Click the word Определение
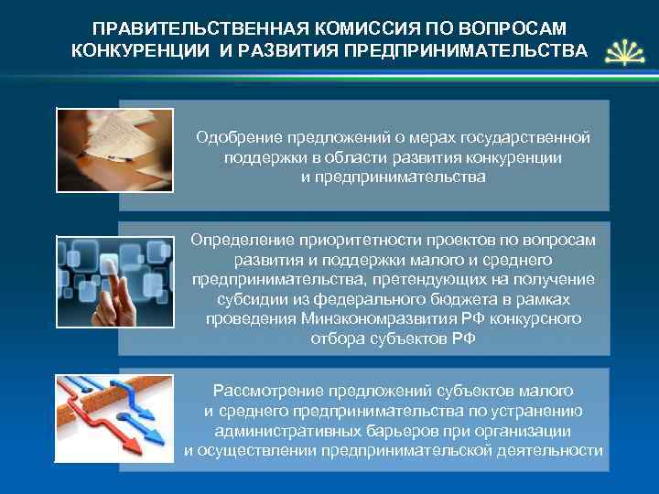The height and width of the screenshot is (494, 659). tap(242, 240)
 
